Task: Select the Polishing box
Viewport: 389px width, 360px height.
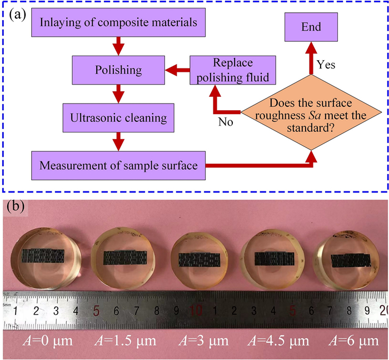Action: click(x=118, y=70)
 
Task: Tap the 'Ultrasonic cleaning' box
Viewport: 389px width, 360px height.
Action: click(x=117, y=118)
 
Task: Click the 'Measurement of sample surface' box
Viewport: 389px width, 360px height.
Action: click(x=118, y=165)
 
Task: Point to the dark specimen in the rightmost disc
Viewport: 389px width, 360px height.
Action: click(x=351, y=260)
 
